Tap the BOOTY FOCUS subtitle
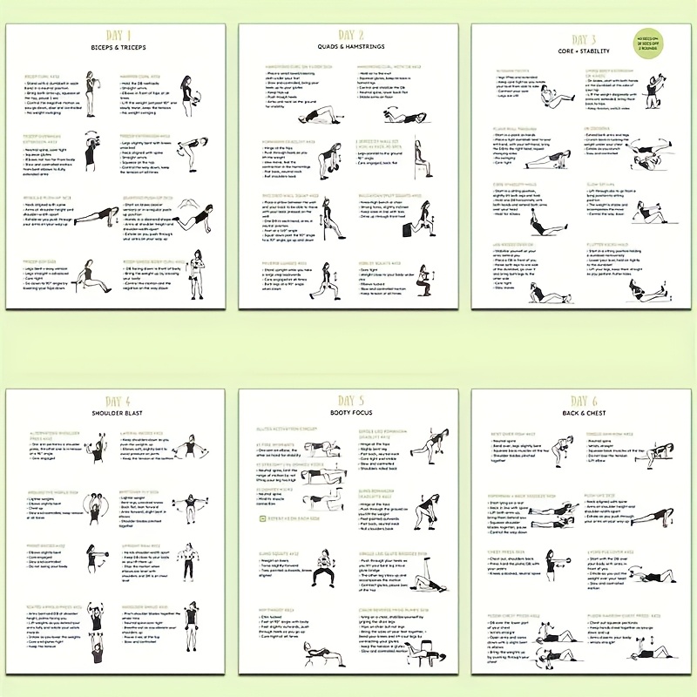point(348,413)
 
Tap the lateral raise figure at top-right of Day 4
point(189,450)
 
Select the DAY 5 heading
point(348,401)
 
